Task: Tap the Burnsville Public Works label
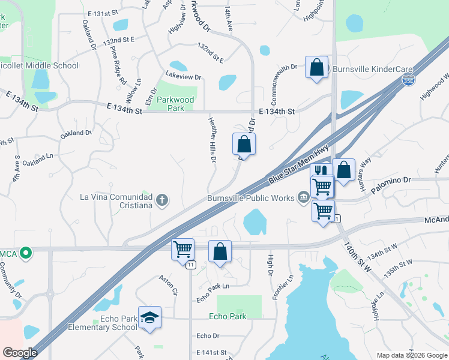[250, 197]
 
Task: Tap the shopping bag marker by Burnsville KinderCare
[316, 67]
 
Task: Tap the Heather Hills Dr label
[212, 139]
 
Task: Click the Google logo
[20, 353]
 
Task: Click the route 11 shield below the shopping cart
[190, 265]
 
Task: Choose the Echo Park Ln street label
[213, 286]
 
